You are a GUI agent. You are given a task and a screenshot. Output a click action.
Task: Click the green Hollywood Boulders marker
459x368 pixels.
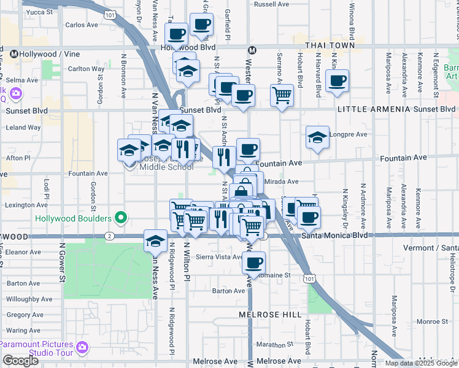(121, 218)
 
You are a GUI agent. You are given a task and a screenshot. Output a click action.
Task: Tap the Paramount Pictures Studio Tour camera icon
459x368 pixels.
(82, 348)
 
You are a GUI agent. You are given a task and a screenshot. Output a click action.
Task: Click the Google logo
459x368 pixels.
(20, 361)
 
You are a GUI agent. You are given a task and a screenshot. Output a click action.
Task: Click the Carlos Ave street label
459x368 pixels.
(82, 25)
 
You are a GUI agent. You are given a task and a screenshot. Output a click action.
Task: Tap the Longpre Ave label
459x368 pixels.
(350, 134)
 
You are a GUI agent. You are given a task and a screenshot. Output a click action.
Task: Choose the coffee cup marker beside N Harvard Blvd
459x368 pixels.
(337, 80)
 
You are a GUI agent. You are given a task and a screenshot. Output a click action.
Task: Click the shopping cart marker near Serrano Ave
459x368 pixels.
(282, 95)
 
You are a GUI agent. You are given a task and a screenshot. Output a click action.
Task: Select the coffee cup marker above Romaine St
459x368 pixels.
(253, 262)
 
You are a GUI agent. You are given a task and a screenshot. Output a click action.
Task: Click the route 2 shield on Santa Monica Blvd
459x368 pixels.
(109, 236)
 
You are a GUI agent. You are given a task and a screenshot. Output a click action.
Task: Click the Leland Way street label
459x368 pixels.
(23, 128)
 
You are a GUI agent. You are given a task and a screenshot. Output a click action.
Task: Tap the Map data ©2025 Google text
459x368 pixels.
(420, 363)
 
